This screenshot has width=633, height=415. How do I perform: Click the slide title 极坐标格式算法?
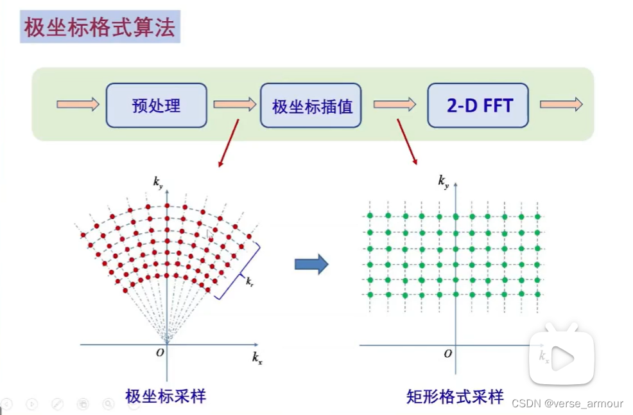coord(100,28)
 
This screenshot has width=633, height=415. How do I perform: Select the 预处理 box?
coord(157,105)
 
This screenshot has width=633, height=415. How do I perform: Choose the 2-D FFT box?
coord(479,105)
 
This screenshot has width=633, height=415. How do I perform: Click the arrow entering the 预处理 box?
coord(78,104)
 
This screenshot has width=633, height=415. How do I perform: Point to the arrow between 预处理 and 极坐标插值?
coord(234,104)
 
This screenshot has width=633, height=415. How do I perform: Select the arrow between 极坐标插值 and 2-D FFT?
coord(394,104)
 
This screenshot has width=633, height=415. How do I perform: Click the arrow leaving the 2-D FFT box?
coord(561,104)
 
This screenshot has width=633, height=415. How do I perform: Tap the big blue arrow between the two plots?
coord(311,264)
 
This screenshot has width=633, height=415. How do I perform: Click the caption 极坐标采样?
coord(166,396)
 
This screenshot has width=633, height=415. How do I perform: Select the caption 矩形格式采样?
coord(455,396)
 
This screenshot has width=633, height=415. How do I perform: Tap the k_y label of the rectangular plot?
coord(443,182)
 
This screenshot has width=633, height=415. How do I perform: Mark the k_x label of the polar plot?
coord(257,357)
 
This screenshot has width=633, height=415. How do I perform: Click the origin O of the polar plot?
coord(160,352)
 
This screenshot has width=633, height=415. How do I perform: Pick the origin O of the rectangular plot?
coord(447,353)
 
